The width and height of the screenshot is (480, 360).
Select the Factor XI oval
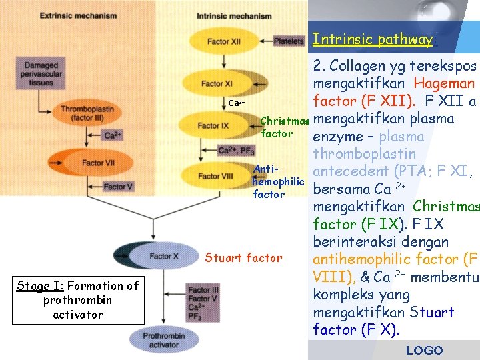pyautogui.click(x=217, y=84)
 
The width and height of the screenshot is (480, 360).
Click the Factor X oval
pyautogui.click(x=163, y=256)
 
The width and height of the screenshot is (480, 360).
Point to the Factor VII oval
pyautogui.click(x=93, y=163)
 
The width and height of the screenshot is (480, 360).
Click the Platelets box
pyautogui.click(x=288, y=41)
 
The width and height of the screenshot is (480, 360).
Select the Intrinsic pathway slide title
pyautogui.click(x=372, y=39)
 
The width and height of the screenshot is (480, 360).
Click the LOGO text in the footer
pyautogui.click(x=424, y=350)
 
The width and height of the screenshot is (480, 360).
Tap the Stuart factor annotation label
pyautogui.click(x=243, y=258)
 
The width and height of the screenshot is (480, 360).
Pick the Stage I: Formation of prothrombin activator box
pyautogui.click(x=78, y=300)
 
